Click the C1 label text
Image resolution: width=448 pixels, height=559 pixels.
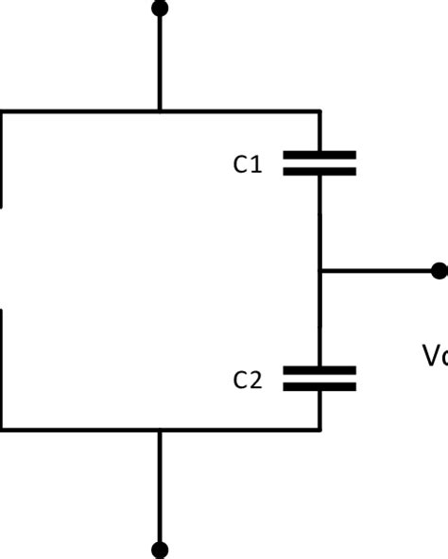[x=247, y=164]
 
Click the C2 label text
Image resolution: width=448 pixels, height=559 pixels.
[x=247, y=380]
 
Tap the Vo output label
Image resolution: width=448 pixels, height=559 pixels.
[x=434, y=355]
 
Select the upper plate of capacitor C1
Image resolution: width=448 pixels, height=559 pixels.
[x=319, y=155]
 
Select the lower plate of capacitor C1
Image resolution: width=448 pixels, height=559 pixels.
[x=319, y=172]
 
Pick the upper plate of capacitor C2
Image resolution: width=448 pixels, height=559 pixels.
[x=319, y=369]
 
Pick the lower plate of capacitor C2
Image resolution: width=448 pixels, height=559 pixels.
[x=319, y=386]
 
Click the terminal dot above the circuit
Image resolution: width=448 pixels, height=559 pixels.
[x=160, y=8]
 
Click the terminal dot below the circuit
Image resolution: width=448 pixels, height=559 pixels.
[x=160, y=549]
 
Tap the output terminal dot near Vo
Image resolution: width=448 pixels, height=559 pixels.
[x=439, y=271]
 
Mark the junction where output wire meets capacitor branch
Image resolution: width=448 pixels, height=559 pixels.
[x=319, y=271]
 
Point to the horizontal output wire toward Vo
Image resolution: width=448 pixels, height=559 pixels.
[x=378, y=271]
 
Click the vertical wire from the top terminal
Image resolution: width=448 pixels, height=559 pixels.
[x=160, y=61]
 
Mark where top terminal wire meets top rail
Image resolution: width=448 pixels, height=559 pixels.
[x=160, y=111]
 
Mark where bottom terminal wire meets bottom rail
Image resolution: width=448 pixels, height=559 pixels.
[x=160, y=431]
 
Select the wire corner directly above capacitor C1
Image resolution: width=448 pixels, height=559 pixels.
[x=319, y=111]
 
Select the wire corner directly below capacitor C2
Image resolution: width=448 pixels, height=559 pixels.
[x=319, y=431]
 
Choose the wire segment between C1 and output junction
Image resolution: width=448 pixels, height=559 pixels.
[x=319, y=222]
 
